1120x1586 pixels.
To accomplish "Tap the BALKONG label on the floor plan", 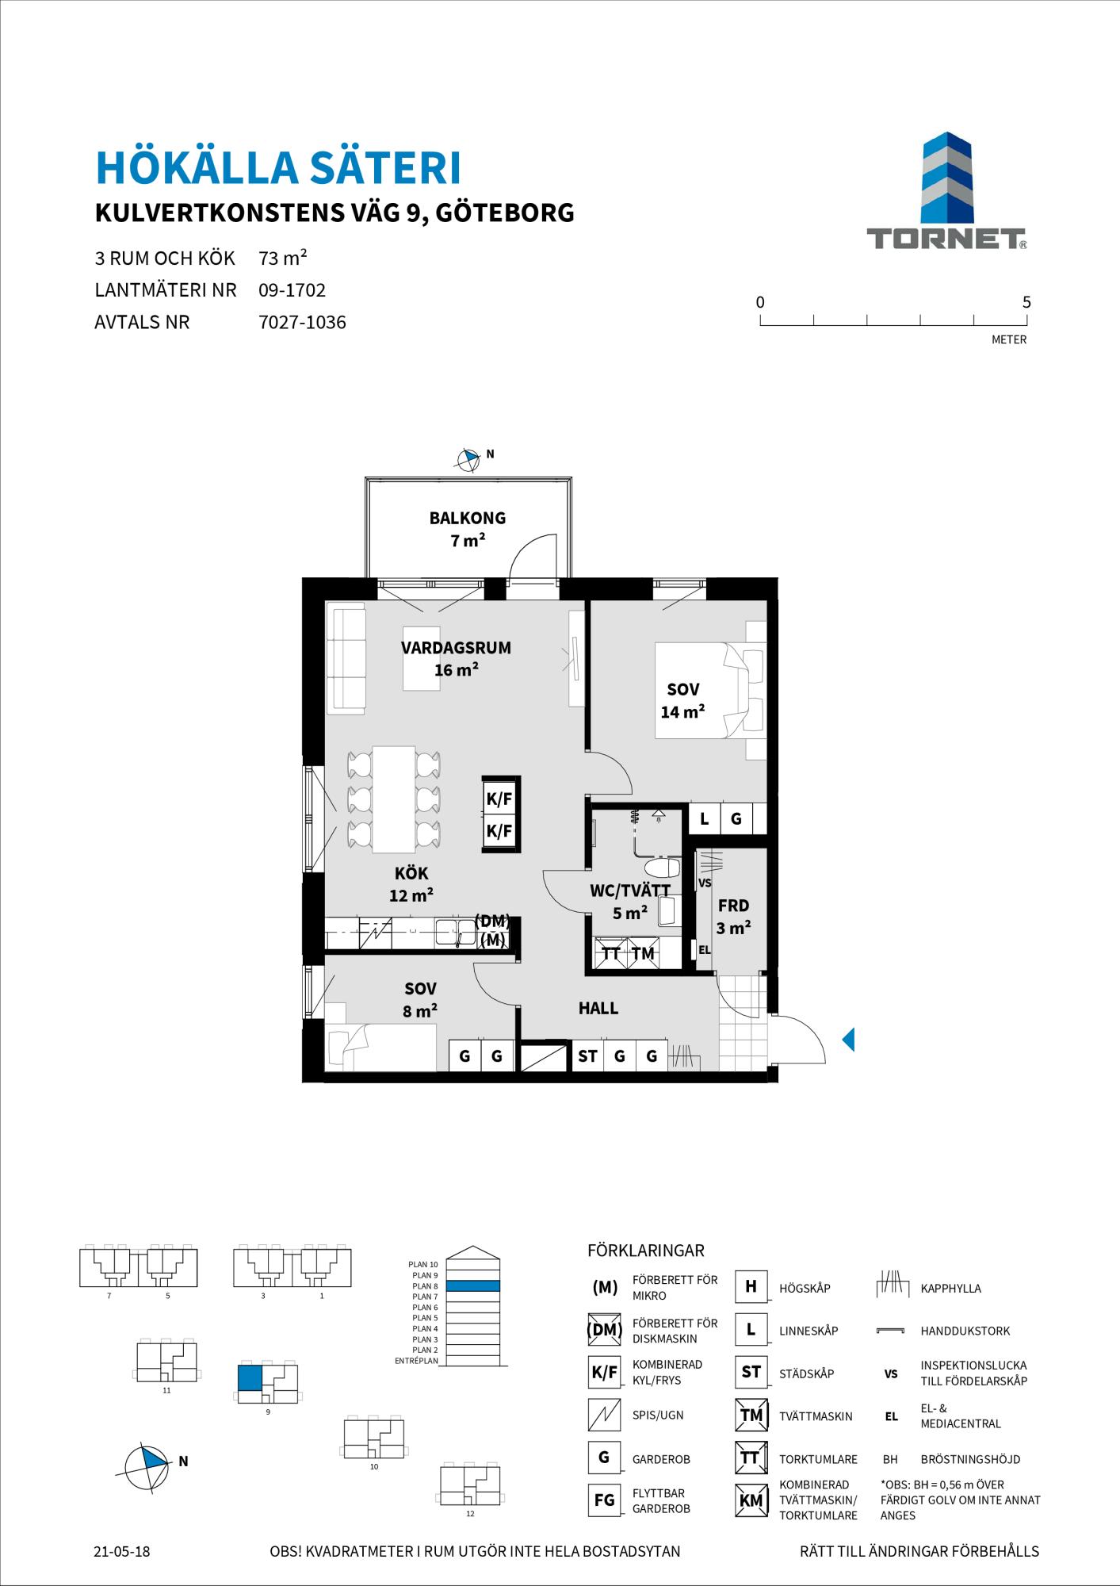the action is coord(468,519).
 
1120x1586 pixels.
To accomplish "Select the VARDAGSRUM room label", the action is coord(456,648).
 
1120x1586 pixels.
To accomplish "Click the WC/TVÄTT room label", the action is coord(630,891).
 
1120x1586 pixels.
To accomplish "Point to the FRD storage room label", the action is coord(733,906).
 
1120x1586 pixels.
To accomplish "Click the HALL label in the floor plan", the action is coord(598,1009).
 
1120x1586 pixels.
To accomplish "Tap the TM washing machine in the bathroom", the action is coord(643,953).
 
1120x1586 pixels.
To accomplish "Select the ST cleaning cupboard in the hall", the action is coord(587,1055).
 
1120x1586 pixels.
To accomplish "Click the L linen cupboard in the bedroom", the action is coord(704,818).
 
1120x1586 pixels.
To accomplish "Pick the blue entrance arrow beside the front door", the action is coord(848,1039).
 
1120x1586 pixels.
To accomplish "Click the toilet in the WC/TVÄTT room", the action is coord(660,868).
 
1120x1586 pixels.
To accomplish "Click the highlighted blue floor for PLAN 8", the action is coord(472,1285).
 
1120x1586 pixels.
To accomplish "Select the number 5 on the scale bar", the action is coord(1026,302).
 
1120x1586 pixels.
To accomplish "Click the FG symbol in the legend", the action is coord(604,1500).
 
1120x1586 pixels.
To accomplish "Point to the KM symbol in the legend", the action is coord(751,1500).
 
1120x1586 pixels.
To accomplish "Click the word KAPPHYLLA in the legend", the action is coord(950,1289).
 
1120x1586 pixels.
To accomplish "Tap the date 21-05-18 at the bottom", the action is coord(121,1552).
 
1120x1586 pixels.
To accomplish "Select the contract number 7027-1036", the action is coord(302,323).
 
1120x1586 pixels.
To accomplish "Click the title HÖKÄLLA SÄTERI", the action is coord(278,168).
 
